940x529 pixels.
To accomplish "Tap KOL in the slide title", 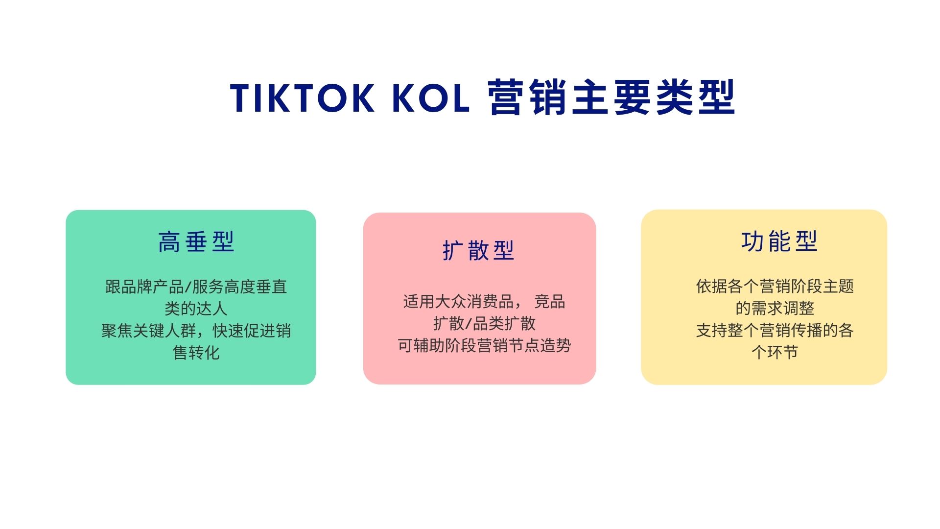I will [431, 98].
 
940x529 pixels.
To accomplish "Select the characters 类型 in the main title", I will [695, 97].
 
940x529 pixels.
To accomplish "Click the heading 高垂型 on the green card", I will [196, 242].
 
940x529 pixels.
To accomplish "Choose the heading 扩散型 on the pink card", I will [478, 250].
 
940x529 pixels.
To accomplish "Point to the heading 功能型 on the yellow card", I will [779, 241].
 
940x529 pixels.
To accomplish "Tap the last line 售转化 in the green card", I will [196, 353].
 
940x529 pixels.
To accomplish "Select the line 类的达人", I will [196, 309].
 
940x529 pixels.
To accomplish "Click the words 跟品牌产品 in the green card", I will [144, 287].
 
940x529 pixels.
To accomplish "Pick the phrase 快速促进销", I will [252, 331].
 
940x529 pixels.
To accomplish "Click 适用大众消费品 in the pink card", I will [458, 301].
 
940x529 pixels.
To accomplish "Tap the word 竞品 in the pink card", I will [549, 301].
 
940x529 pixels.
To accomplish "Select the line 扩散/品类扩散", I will [484, 323].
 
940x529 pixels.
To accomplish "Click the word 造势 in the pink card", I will [556, 345].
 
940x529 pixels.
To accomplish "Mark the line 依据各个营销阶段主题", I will [775, 286].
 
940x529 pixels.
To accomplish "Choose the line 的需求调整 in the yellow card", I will [775, 308].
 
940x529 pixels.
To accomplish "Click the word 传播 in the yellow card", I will [806, 330].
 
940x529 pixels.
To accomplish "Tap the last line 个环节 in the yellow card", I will [775, 352].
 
